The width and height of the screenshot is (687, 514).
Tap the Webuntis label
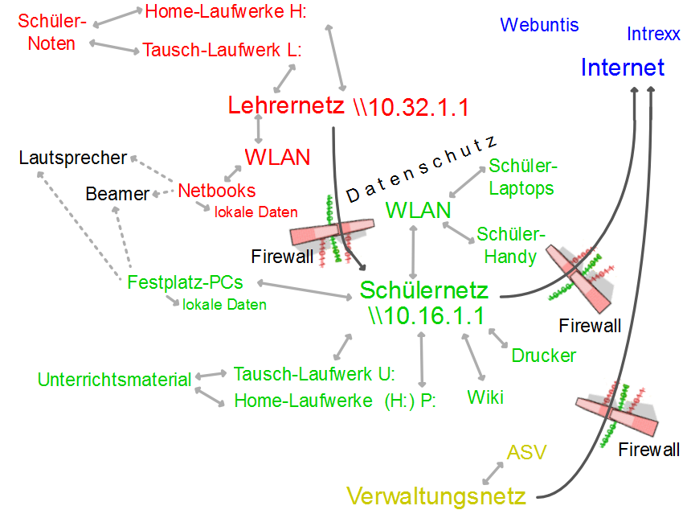coord(539,25)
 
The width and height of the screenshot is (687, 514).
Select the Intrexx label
coord(653,34)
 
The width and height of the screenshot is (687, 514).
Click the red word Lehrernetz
coord(285,105)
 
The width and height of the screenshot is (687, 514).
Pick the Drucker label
coord(544,356)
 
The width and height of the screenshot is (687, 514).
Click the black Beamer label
coord(118,194)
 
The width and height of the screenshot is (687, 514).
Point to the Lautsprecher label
coord(73,158)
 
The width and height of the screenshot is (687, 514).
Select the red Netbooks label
coord(217,191)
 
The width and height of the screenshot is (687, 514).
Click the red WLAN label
coord(277,157)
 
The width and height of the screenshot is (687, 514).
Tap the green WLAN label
coord(418,211)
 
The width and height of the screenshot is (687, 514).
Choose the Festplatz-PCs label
coord(185,282)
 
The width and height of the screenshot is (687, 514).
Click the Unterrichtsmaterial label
coord(115,380)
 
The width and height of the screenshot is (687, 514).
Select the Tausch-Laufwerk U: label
coord(314,374)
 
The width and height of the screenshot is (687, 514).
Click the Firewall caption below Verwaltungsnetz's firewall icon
coord(649,450)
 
